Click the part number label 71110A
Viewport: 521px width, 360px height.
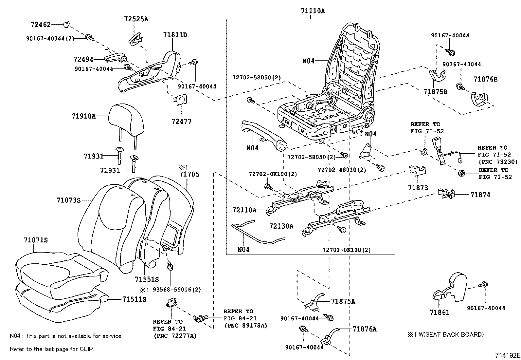tap(313, 11)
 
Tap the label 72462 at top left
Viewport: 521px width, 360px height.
tap(41, 24)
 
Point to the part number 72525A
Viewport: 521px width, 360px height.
tap(136, 19)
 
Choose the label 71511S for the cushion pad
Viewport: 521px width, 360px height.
tap(134, 299)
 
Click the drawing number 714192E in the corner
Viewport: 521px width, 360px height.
tap(507, 355)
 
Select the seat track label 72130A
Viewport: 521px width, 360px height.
tap(281, 226)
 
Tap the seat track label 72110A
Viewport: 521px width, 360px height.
tap(244, 210)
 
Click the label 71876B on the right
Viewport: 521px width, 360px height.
tap(486, 79)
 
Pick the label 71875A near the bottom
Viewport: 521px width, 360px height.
tap(343, 301)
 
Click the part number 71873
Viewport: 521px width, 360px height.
tap(418, 188)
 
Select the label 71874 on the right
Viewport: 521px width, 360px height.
tap(480, 195)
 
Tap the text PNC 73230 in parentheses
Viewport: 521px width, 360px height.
tap(498, 161)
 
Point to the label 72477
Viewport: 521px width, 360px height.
tap(181, 121)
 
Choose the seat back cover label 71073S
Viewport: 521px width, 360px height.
tap(68, 199)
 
